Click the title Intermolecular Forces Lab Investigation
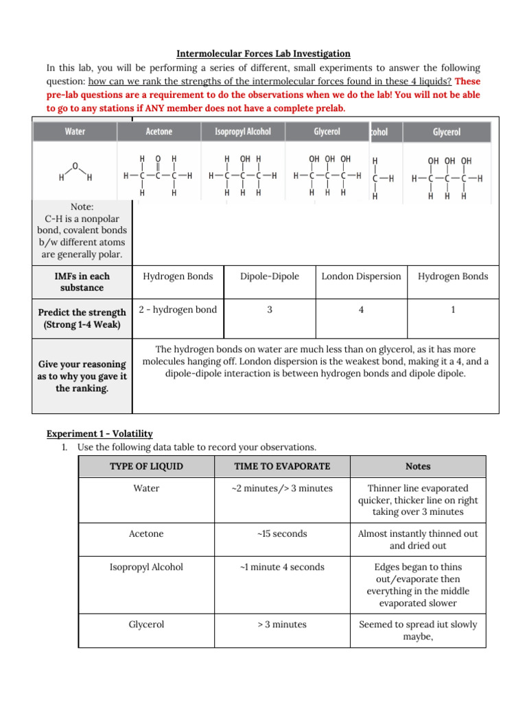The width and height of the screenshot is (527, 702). [x=263, y=53]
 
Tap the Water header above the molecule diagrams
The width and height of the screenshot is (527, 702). [x=75, y=132]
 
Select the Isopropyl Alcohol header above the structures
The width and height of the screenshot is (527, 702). [x=242, y=132]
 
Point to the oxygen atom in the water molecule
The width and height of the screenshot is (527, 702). [x=75, y=165]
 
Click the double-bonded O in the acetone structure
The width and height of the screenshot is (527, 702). [x=158, y=159]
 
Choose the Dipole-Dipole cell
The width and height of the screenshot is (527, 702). [x=270, y=276]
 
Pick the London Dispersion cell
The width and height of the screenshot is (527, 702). [x=361, y=276]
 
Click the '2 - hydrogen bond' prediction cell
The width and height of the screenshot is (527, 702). [x=178, y=310]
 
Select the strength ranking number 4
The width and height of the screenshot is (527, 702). [x=361, y=310]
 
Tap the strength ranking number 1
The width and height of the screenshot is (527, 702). [x=453, y=310]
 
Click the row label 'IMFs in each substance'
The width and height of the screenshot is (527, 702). [x=82, y=282]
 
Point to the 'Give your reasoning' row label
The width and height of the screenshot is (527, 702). [x=82, y=376]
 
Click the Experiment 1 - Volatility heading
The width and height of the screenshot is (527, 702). [x=99, y=434]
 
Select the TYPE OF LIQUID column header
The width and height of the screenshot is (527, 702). [x=147, y=466]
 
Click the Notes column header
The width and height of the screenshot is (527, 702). [x=418, y=466]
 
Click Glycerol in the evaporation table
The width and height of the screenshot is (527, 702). [x=147, y=625]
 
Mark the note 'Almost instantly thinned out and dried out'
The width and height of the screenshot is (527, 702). [x=418, y=540]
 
